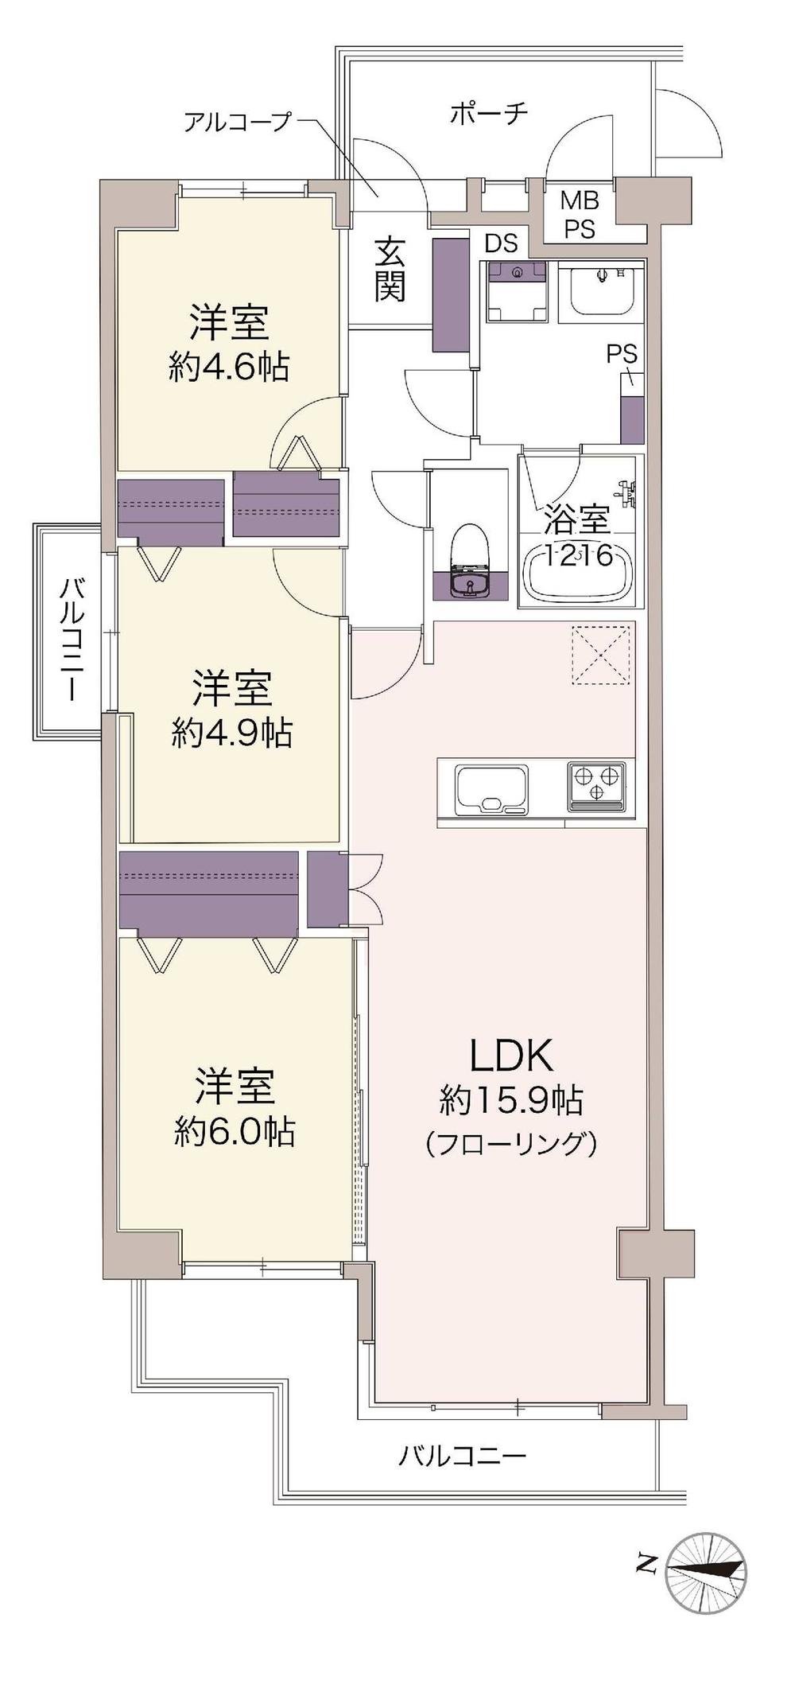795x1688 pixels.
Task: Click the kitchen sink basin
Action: point(491,790)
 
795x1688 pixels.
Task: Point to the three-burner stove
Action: point(596,785)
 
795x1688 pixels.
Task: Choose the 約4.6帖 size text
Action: point(228,367)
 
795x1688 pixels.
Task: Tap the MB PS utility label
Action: point(580,215)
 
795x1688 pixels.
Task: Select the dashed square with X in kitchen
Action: point(602,654)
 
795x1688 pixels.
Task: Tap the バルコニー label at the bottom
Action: point(462,1457)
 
